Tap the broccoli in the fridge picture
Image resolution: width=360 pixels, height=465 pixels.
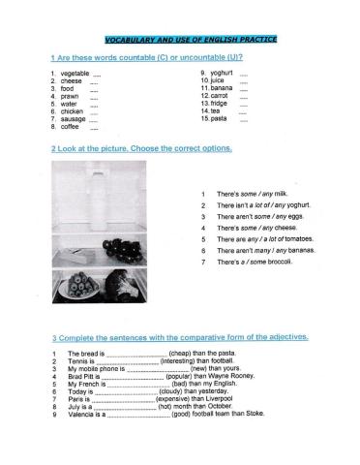click(122, 285)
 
